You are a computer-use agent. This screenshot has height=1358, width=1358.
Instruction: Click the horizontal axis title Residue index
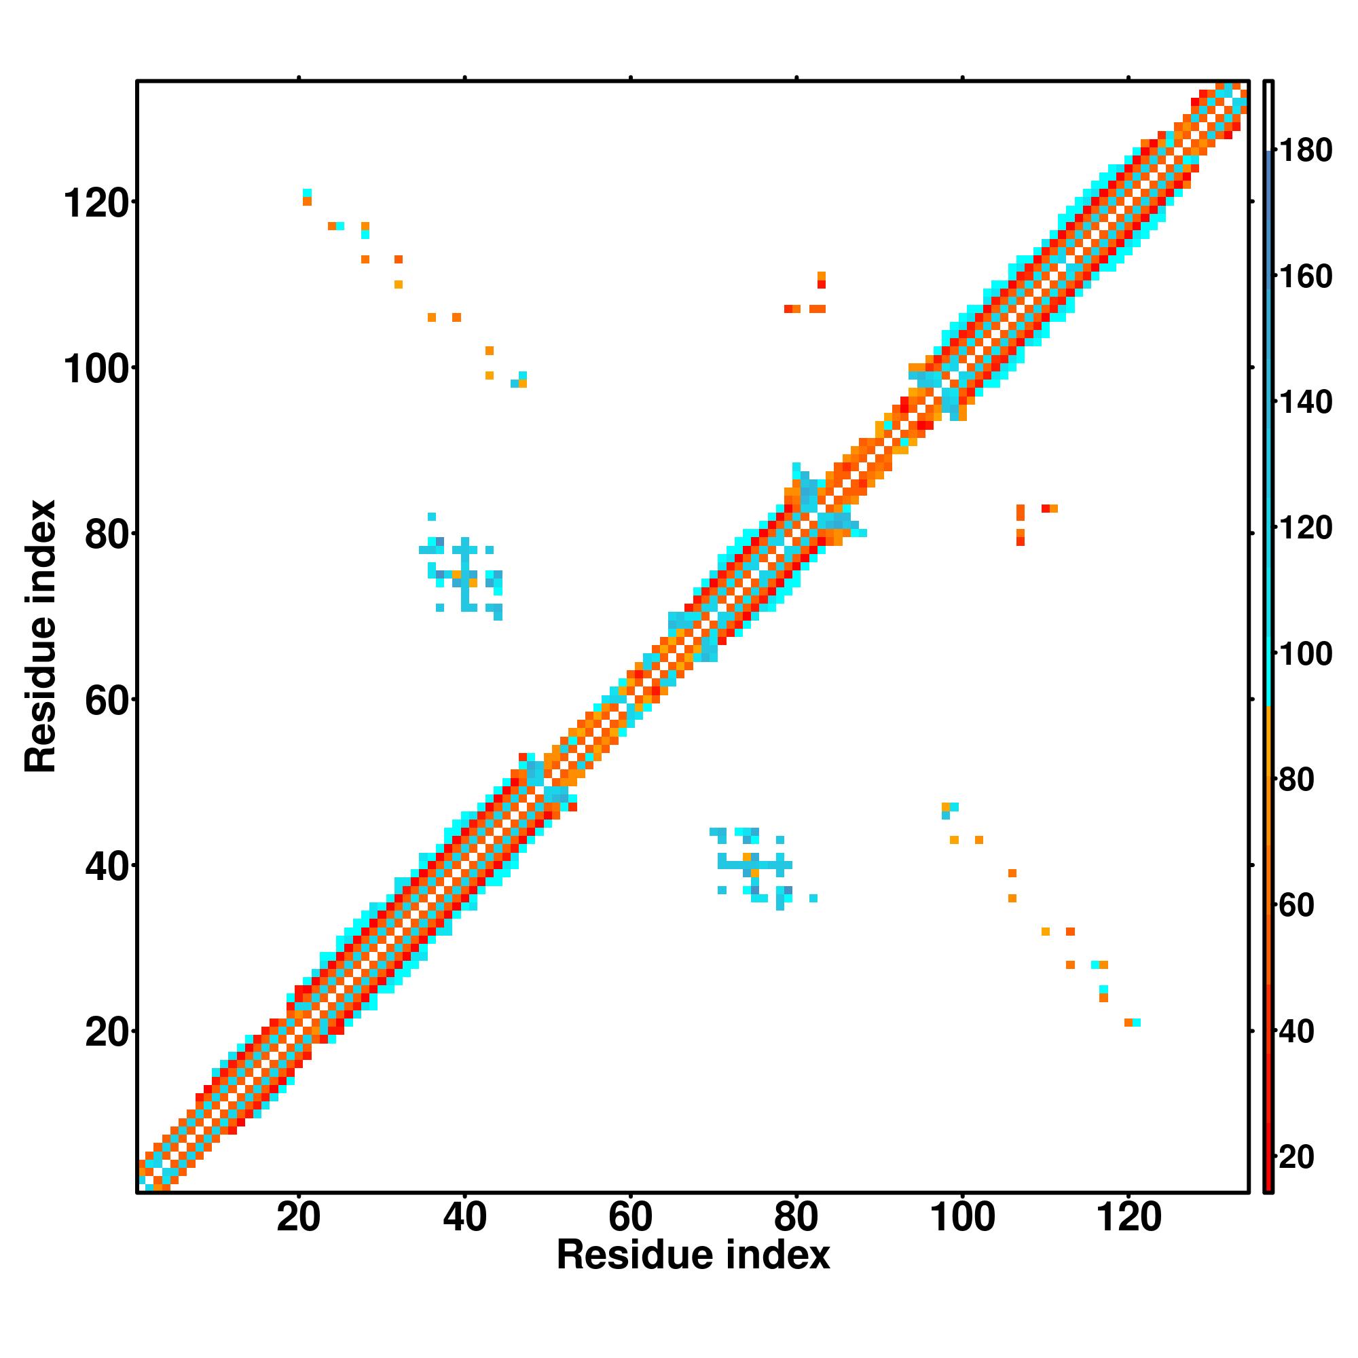pyautogui.click(x=693, y=1255)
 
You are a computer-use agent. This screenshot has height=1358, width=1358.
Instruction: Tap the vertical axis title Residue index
pyautogui.click(x=40, y=636)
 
